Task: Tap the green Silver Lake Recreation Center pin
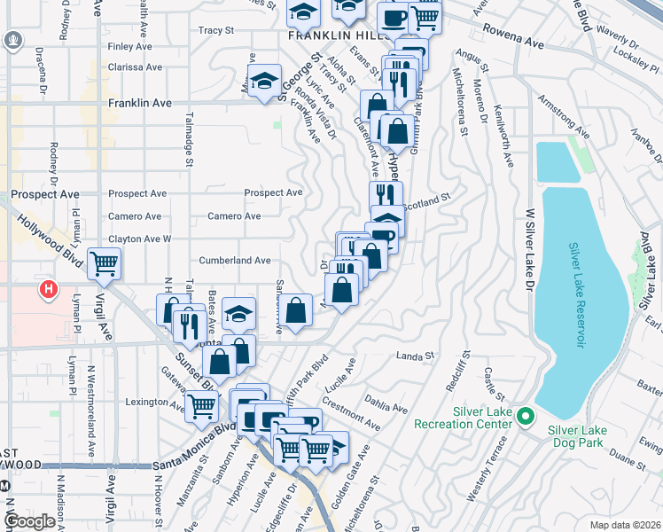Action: [525, 415]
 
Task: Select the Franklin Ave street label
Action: [139, 103]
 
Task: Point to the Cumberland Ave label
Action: [234, 261]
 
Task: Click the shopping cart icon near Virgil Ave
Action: [105, 262]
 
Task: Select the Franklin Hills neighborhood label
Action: [335, 36]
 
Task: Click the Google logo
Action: [29, 520]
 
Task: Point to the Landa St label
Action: [416, 356]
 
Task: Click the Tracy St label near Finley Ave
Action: [215, 30]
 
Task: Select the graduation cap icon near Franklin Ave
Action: [264, 81]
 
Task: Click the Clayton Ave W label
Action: [139, 239]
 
